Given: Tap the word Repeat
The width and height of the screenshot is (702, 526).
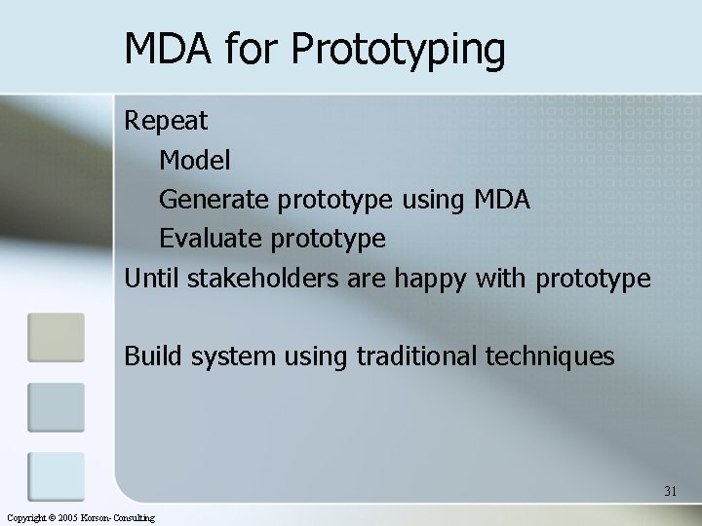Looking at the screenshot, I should point(166,121).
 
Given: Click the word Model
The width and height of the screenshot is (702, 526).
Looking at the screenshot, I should point(195,160).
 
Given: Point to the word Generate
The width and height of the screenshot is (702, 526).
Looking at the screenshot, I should point(214,200).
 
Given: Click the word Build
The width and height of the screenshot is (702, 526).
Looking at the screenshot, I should point(153,357).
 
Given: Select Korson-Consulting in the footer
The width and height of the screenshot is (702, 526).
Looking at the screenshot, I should point(120,518).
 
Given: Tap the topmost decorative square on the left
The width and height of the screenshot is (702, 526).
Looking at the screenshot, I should point(56,337).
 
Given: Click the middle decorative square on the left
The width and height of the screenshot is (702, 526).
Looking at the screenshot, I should point(56,407).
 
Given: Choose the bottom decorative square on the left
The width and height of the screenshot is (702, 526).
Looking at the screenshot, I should point(56,476).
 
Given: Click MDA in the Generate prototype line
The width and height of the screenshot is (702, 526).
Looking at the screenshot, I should point(502,200).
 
